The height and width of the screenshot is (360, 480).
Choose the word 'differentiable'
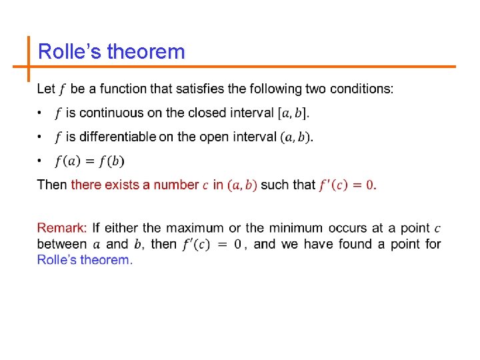[x=117, y=137]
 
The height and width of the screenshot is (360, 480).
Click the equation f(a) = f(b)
[x=89, y=161]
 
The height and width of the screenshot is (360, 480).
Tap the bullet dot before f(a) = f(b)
[x=40, y=161]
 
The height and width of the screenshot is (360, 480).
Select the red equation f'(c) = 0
[x=347, y=185]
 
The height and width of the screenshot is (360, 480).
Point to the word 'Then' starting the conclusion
[x=51, y=185]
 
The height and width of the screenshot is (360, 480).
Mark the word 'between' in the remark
[x=61, y=244]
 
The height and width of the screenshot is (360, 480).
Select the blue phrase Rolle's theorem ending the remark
[x=85, y=259]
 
